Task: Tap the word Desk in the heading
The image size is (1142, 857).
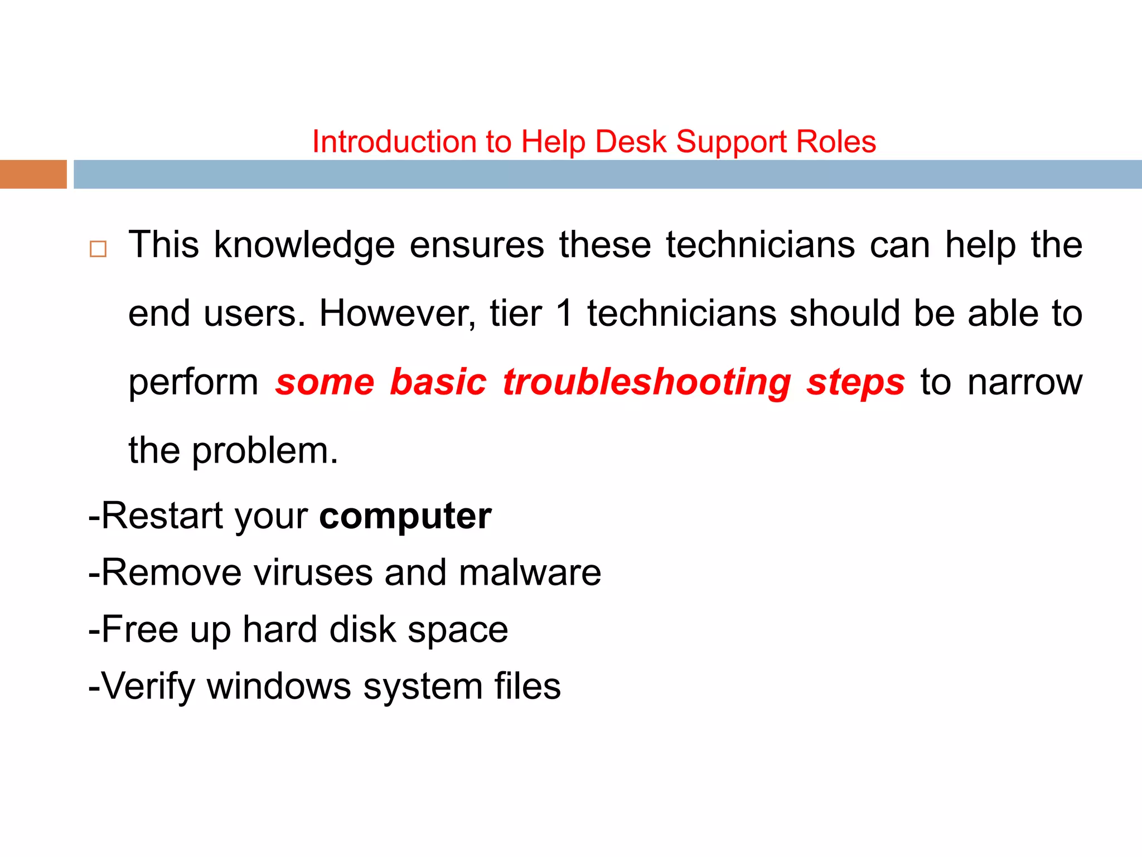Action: tap(631, 142)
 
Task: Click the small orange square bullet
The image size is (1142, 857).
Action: tap(98, 249)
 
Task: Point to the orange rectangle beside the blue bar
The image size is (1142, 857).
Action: tap(33, 174)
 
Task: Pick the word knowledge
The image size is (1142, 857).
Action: tap(304, 245)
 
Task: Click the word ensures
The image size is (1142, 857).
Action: tap(477, 245)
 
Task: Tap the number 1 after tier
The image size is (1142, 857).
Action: tap(564, 314)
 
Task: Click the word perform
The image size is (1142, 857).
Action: tap(193, 383)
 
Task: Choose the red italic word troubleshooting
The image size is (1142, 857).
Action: tap(647, 383)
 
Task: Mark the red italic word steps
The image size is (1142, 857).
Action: tap(855, 384)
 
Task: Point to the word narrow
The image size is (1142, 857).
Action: tap(1025, 383)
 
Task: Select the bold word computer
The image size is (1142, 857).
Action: tap(405, 517)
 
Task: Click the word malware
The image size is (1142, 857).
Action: tap(530, 572)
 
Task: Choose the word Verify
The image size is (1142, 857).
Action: tap(148, 687)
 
